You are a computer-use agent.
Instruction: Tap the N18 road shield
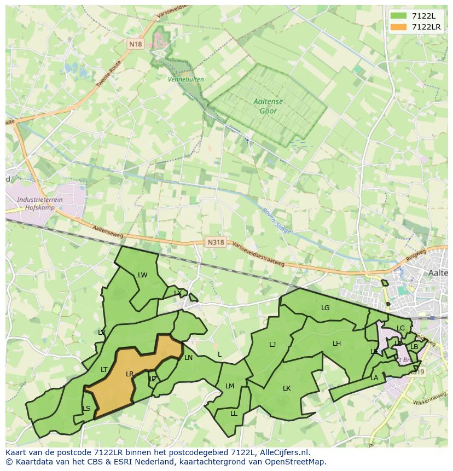[136, 44]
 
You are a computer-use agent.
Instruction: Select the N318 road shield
[216, 242]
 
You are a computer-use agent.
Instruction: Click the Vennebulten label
[186, 79]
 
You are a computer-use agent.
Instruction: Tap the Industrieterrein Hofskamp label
[39, 203]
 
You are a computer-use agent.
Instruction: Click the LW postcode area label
[143, 275]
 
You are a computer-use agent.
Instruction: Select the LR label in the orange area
[130, 374]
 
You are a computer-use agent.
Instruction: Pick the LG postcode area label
[326, 308]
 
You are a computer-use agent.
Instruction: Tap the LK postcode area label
[287, 388]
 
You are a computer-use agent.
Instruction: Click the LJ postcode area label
[272, 345]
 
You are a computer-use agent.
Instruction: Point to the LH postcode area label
[336, 344]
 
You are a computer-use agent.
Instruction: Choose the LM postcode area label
[230, 386]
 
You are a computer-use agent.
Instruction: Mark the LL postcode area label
[234, 414]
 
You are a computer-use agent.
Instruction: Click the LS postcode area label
[86, 409]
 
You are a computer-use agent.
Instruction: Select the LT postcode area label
[104, 370]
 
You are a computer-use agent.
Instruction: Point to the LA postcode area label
[374, 378]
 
